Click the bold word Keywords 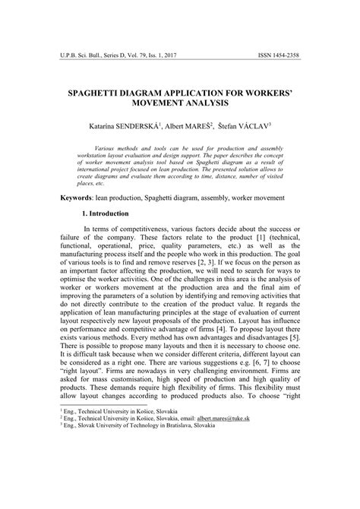pos(78,197)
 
